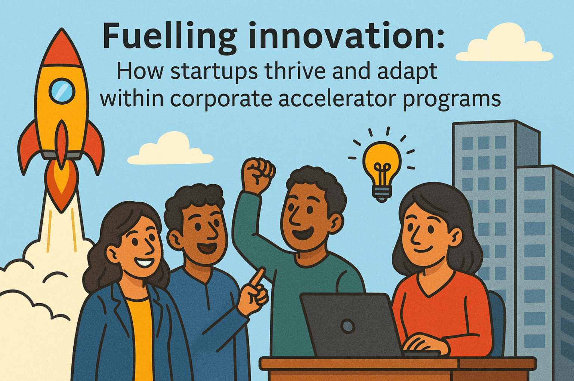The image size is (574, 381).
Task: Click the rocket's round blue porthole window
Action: [62, 91]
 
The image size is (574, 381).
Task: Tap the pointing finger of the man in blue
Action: [257, 278]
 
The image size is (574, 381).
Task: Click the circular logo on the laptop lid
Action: [348, 326]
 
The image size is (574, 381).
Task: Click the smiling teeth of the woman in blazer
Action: [144, 262]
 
